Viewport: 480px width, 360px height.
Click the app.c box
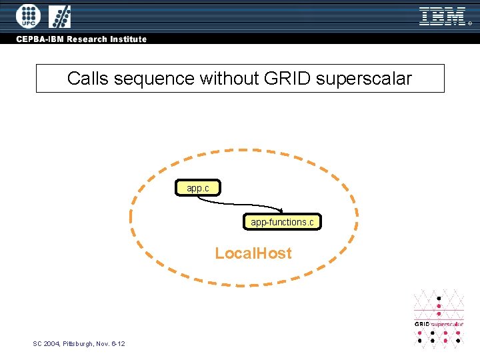(x=198, y=188)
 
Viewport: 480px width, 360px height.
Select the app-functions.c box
(x=281, y=222)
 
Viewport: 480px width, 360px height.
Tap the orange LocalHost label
(x=253, y=253)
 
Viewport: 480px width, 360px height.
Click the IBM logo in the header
(x=442, y=16)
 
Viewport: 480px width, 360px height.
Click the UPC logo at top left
(x=28, y=16)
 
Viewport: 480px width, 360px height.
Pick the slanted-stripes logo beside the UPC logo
(x=60, y=16)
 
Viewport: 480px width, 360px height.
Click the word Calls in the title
(x=89, y=79)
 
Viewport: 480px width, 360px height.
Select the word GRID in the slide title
(x=288, y=79)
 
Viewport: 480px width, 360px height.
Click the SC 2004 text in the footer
(x=46, y=343)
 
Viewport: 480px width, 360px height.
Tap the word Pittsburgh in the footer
(x=78, y=343)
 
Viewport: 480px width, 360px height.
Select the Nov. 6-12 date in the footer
(x=110, y=343)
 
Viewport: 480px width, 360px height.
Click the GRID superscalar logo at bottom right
(x=439, y=319)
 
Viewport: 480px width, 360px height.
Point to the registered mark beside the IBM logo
(x=469, y=24)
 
